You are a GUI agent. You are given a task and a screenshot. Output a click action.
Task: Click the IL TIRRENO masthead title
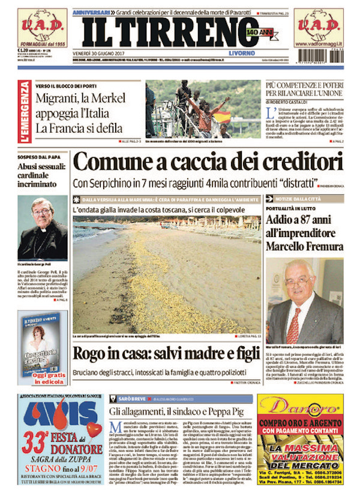pyautogui.click(x=165, y=31)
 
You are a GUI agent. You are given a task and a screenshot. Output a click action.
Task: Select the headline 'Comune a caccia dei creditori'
pyautogui.click(x=208, y=162)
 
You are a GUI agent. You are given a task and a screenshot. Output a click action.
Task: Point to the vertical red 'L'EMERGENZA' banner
pyautogui.click(x=23, y=111)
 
